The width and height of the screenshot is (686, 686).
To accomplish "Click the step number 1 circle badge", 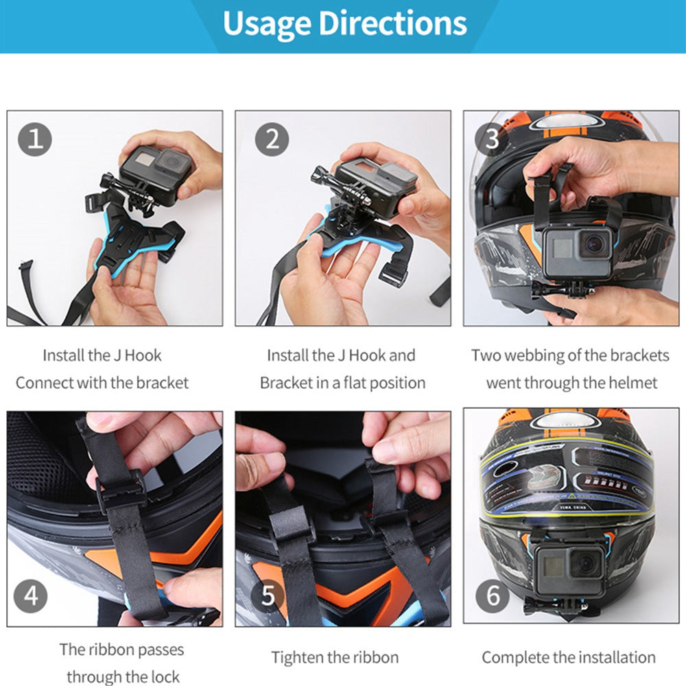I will point(35,139).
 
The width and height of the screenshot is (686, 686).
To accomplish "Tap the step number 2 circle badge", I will point(272,139).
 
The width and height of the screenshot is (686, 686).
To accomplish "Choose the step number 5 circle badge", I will point(268,595).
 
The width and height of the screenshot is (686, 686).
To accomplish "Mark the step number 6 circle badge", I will point(493,595).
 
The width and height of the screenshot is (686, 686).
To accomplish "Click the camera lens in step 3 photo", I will point(595,242).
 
